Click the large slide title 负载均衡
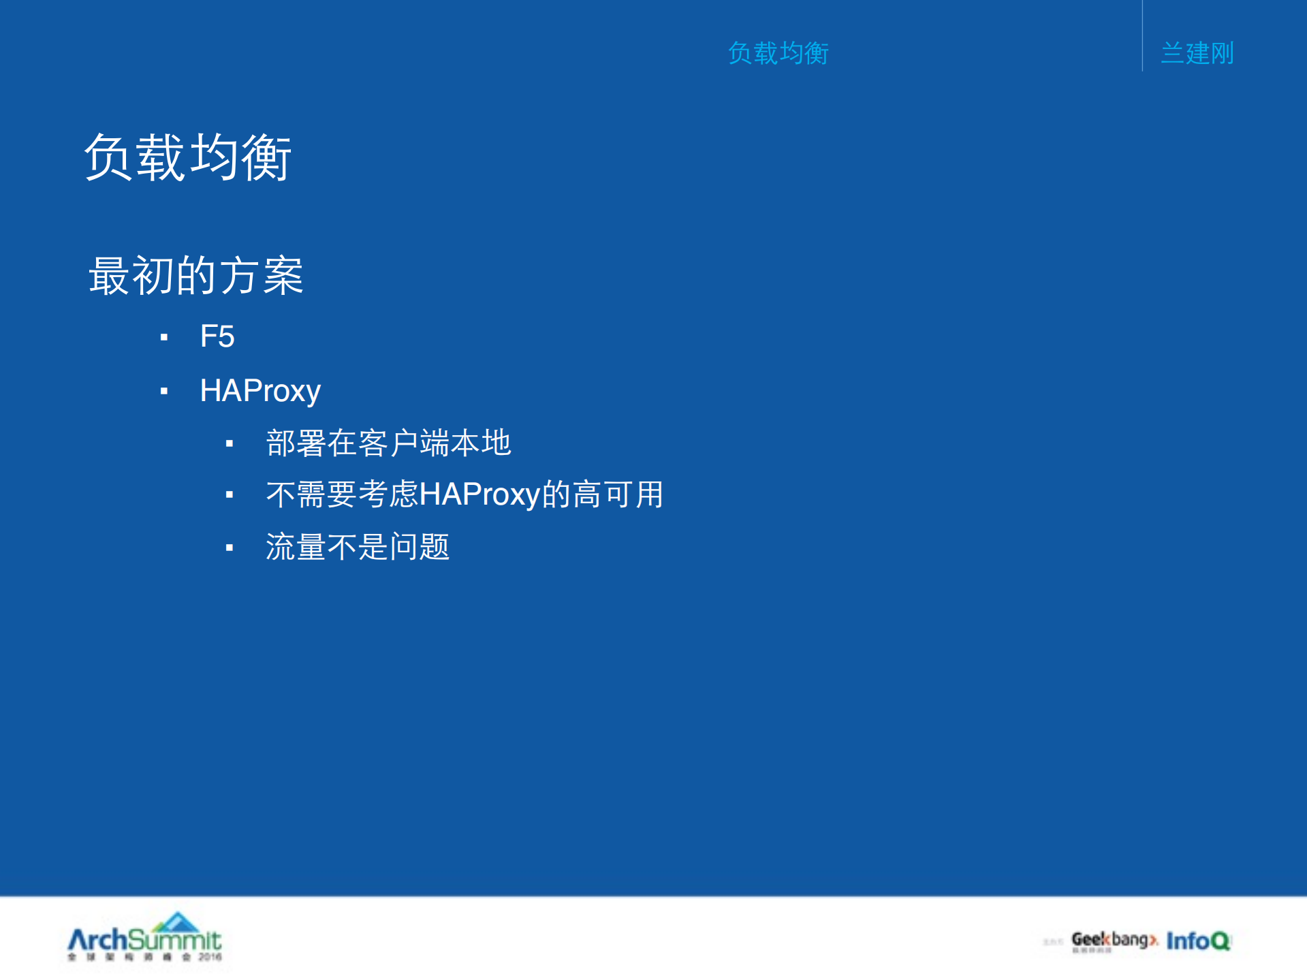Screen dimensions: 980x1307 [x=188, y=157]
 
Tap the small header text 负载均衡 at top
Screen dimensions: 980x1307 [x=778, y=53]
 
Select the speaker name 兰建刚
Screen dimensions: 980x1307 [x=1197, y=53]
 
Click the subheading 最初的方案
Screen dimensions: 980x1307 [x=196, y=276]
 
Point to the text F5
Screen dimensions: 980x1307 [x=217, y=336]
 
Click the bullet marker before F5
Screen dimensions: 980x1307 [x=164, y=337]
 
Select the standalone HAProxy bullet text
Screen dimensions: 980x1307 [x=260, y=391]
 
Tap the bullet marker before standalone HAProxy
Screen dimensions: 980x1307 [x=164, y=391]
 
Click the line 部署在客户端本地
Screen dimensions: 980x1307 [x=388, y=443]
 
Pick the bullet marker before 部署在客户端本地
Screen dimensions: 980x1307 [x=230, y=444]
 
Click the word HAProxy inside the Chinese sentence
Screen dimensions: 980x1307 [x=479, y=494]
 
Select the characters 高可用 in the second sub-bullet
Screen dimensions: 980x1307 [x=618, y=494]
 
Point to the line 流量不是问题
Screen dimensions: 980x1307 [x=358, y=547]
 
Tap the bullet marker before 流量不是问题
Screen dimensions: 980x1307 [x=230, y=548]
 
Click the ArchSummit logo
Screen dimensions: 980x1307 [x=144, y=941]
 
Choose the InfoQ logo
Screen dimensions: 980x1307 [x=1197, y=941]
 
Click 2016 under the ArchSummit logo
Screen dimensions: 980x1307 [x=210, y=957]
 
